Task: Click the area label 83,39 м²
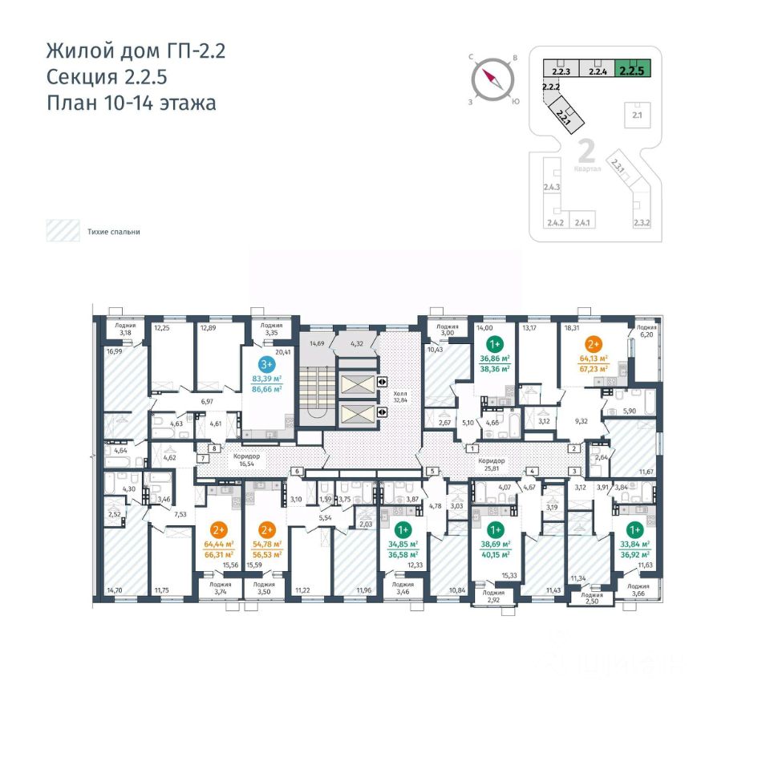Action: (x=266, y=378)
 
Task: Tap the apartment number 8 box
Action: (x=214, y=449)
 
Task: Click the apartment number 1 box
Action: (x=473, y=449)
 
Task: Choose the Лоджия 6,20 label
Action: (x=646, y=332)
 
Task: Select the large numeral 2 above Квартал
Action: (x=586, y=151)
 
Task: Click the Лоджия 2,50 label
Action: (x=592, y=600)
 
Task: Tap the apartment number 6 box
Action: (x=297, y=471)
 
